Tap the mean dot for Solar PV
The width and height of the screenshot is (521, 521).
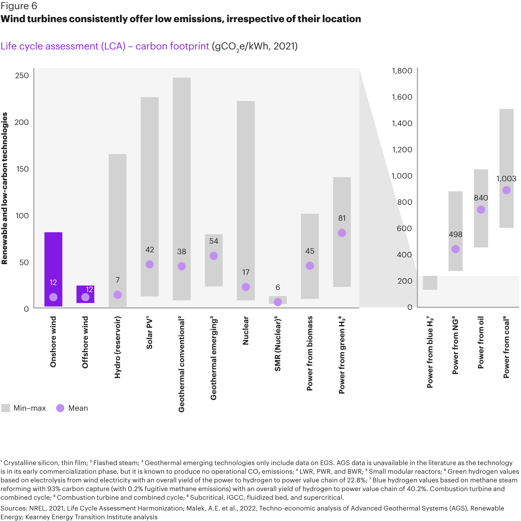(150, 264)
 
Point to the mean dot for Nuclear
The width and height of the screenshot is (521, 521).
(246, 287)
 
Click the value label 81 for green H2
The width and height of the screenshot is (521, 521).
(342, 218)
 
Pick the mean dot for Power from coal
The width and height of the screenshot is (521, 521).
(506, 190)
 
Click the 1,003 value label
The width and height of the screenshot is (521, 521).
(506, 178)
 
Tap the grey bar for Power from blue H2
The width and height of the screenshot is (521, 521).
(430, 283)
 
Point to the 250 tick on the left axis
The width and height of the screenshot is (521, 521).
(22, 76)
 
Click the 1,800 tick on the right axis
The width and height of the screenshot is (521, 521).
(402, 71)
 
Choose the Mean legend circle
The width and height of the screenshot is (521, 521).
(60, 408)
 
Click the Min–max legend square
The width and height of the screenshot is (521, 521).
(6, 408)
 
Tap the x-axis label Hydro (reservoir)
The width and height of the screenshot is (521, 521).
(117, 347)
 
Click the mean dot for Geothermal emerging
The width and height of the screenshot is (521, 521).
(214, 256)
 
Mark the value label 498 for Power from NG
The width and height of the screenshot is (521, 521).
(455, 234)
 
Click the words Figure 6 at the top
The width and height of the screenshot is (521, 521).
(19, 6)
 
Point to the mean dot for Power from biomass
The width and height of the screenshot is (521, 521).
(310, 266)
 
